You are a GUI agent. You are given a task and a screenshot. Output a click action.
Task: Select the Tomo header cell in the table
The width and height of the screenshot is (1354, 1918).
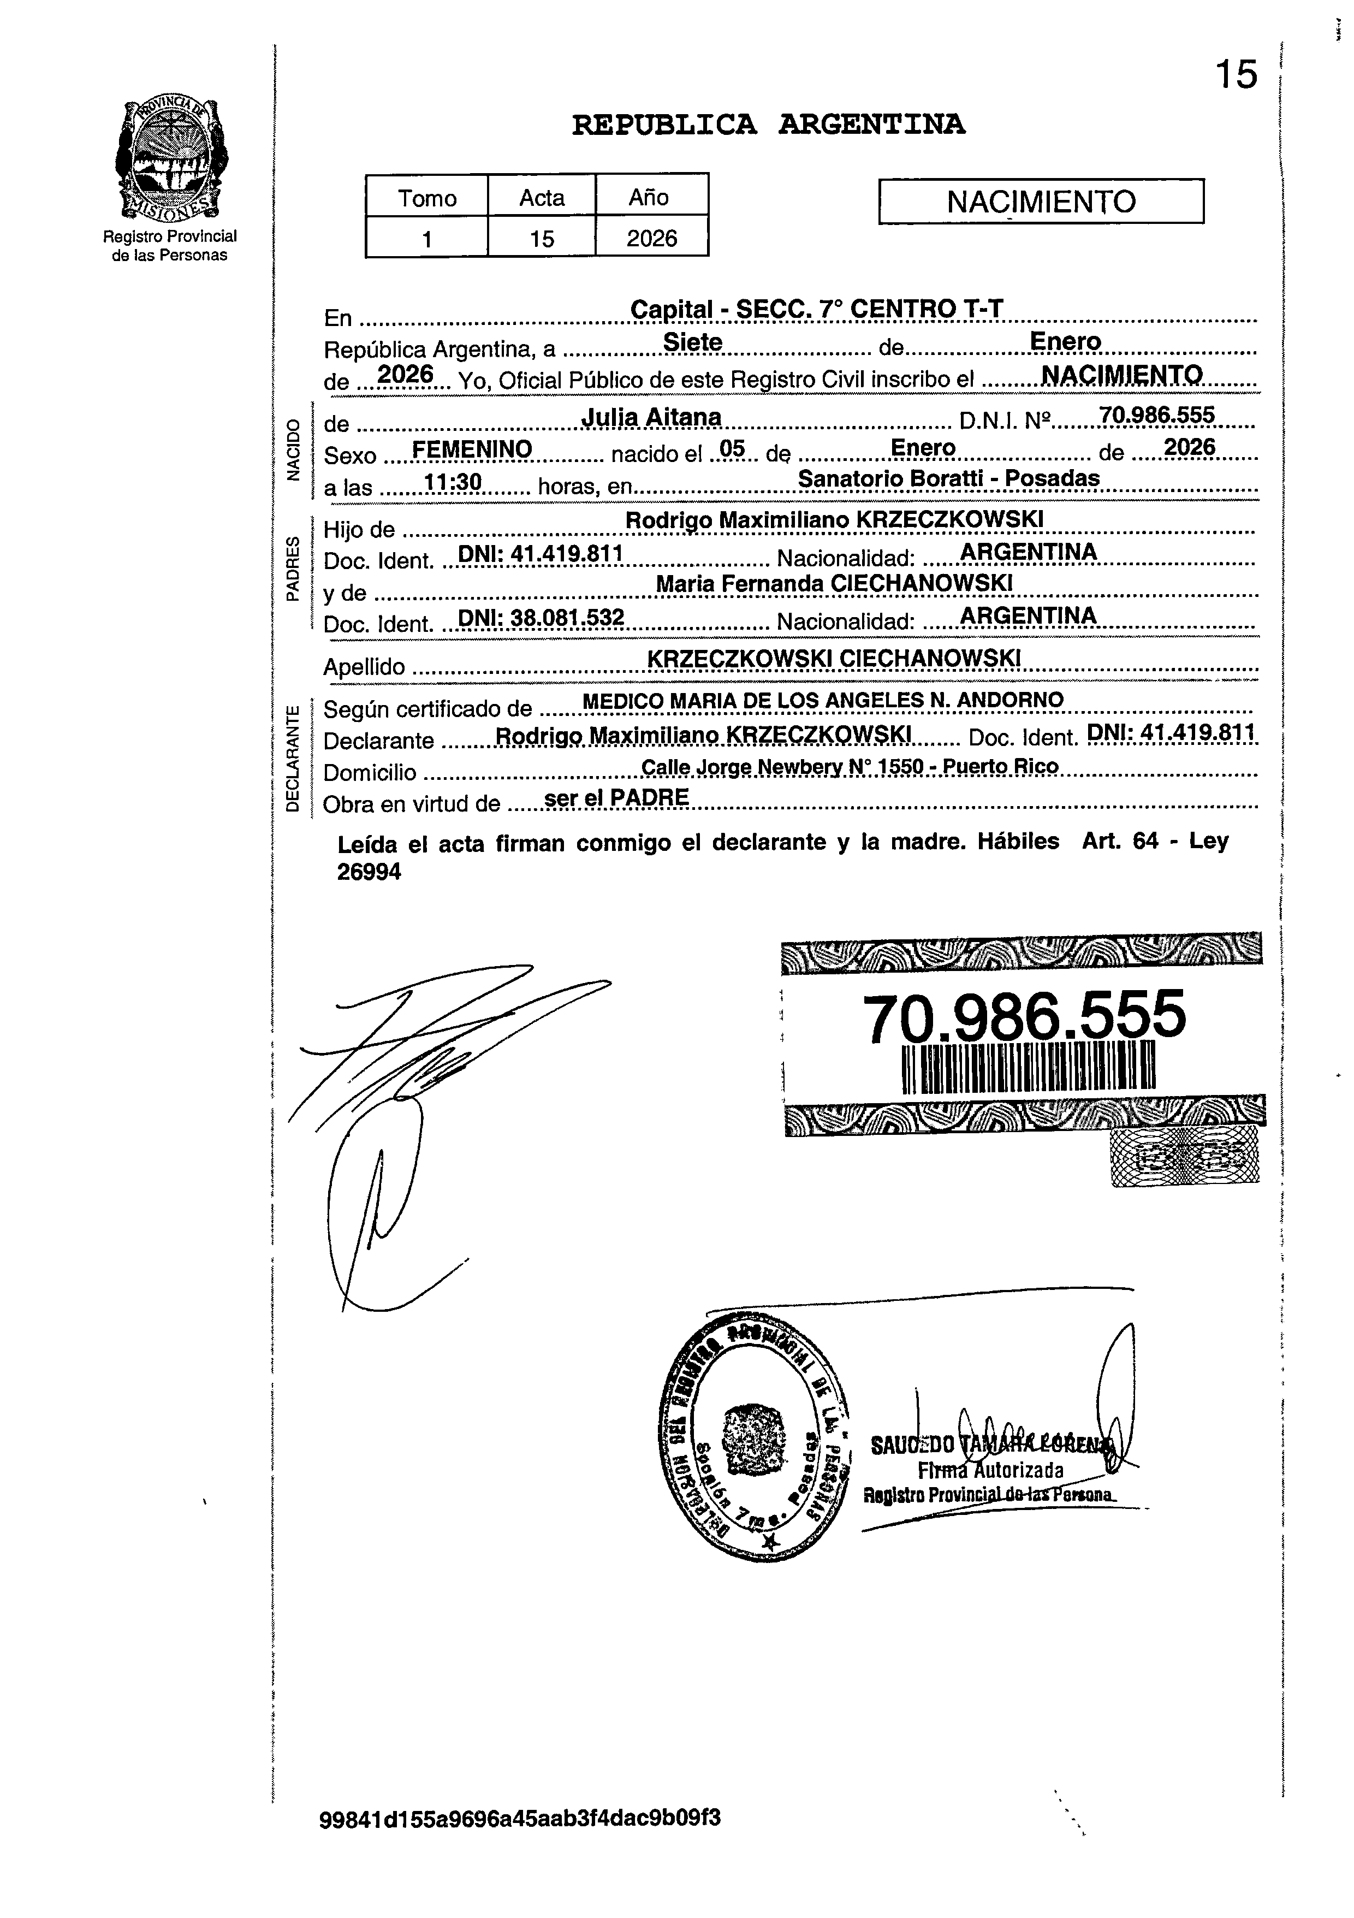click(x=427, y=198)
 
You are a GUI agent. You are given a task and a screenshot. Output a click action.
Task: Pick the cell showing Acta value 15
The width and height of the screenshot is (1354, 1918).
click(x=541, y=239)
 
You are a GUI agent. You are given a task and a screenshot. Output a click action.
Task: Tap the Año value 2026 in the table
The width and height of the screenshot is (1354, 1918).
click(x=651, y=239)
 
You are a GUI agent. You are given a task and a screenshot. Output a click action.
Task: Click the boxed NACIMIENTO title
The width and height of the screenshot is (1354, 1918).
click(x=1041, y=202)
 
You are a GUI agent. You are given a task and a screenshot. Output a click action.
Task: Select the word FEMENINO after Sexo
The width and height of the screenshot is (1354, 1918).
click(x=472, y=449)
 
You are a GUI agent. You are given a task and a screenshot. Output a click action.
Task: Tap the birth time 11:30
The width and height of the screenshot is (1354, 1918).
click(x=448, y=482)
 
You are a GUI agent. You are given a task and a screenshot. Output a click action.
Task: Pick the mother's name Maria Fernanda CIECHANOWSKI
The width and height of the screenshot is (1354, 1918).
click(x=834, y=583)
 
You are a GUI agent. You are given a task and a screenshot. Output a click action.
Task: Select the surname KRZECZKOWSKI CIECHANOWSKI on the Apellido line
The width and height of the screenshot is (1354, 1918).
click(x=834, y=658)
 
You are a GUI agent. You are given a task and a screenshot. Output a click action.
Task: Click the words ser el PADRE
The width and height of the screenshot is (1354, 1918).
click(x=616, y=798)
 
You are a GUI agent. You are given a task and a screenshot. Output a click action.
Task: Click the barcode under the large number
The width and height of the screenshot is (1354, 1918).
click(x=1028, y=1067)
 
